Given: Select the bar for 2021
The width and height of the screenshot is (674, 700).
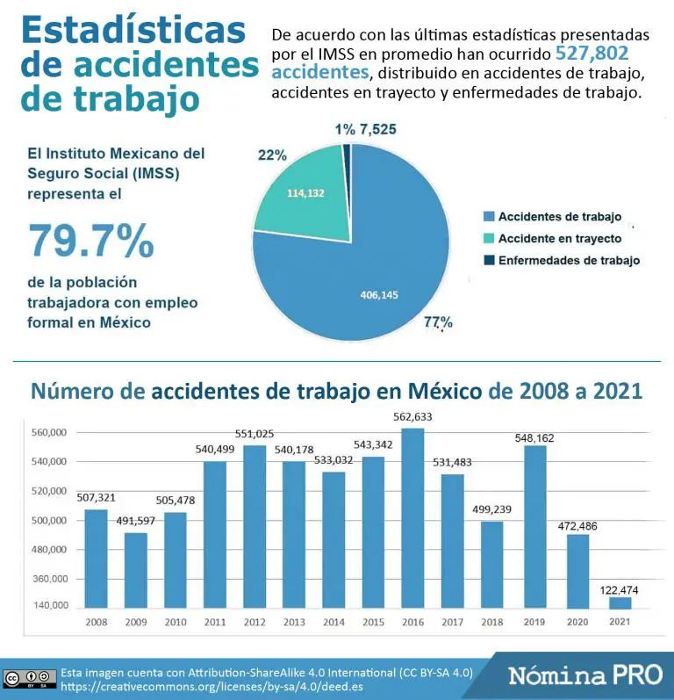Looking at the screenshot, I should point(620,603).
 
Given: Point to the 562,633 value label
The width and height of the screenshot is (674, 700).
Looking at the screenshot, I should point(413,416).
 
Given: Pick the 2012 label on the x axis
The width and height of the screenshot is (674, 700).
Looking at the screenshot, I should point(255,622).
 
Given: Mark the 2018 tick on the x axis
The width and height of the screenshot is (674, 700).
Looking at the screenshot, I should point(492,622).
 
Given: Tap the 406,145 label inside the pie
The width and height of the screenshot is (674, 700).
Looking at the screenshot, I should point(379,295).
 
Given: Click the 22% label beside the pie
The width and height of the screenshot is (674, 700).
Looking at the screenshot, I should point(272,155).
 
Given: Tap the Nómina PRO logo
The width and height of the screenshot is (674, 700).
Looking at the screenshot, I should point(585,675).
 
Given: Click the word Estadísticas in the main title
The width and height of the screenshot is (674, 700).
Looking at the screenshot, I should point(133,29).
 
